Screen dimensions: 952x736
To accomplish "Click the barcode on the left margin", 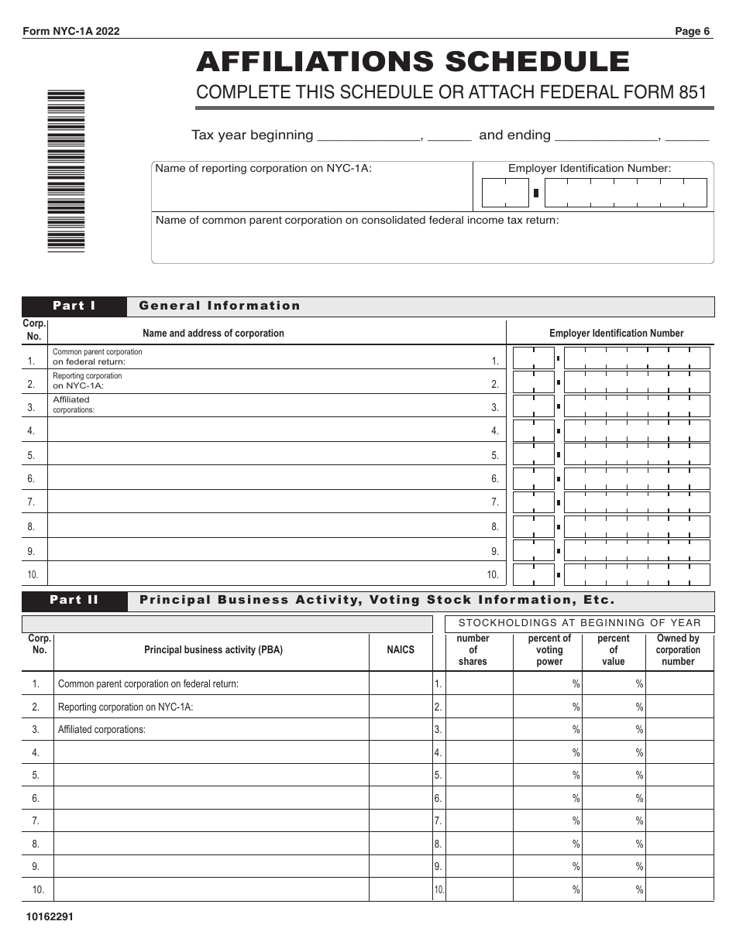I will coord(66,170).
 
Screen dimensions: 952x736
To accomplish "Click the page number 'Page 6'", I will coord(692,32).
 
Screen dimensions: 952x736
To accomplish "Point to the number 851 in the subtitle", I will coord(692,93).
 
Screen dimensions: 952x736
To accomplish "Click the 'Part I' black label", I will coord(74,306).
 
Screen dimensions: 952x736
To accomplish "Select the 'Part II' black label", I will coord(74,600).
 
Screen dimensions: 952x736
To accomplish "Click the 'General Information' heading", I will coord(219,306).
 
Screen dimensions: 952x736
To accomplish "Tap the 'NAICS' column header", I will coord(401,650).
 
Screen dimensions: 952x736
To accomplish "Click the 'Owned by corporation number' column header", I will coord(678,650).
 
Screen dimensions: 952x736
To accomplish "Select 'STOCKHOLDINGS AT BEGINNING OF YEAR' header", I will coord(580,623).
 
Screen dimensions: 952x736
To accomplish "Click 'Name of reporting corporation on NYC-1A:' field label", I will coord(263,168).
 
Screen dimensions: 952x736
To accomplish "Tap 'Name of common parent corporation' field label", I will coord(356,221).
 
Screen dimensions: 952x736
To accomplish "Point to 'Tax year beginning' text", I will coord(252,135).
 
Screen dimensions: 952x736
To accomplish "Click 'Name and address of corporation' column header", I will coord(213,334).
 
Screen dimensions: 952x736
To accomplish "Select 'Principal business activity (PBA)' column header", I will coord(213,650).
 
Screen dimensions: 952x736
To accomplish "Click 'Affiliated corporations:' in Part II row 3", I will coord(101,729).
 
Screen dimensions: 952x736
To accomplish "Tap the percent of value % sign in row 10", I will coord(640,890).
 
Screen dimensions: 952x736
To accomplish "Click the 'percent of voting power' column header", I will coord(549,650).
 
